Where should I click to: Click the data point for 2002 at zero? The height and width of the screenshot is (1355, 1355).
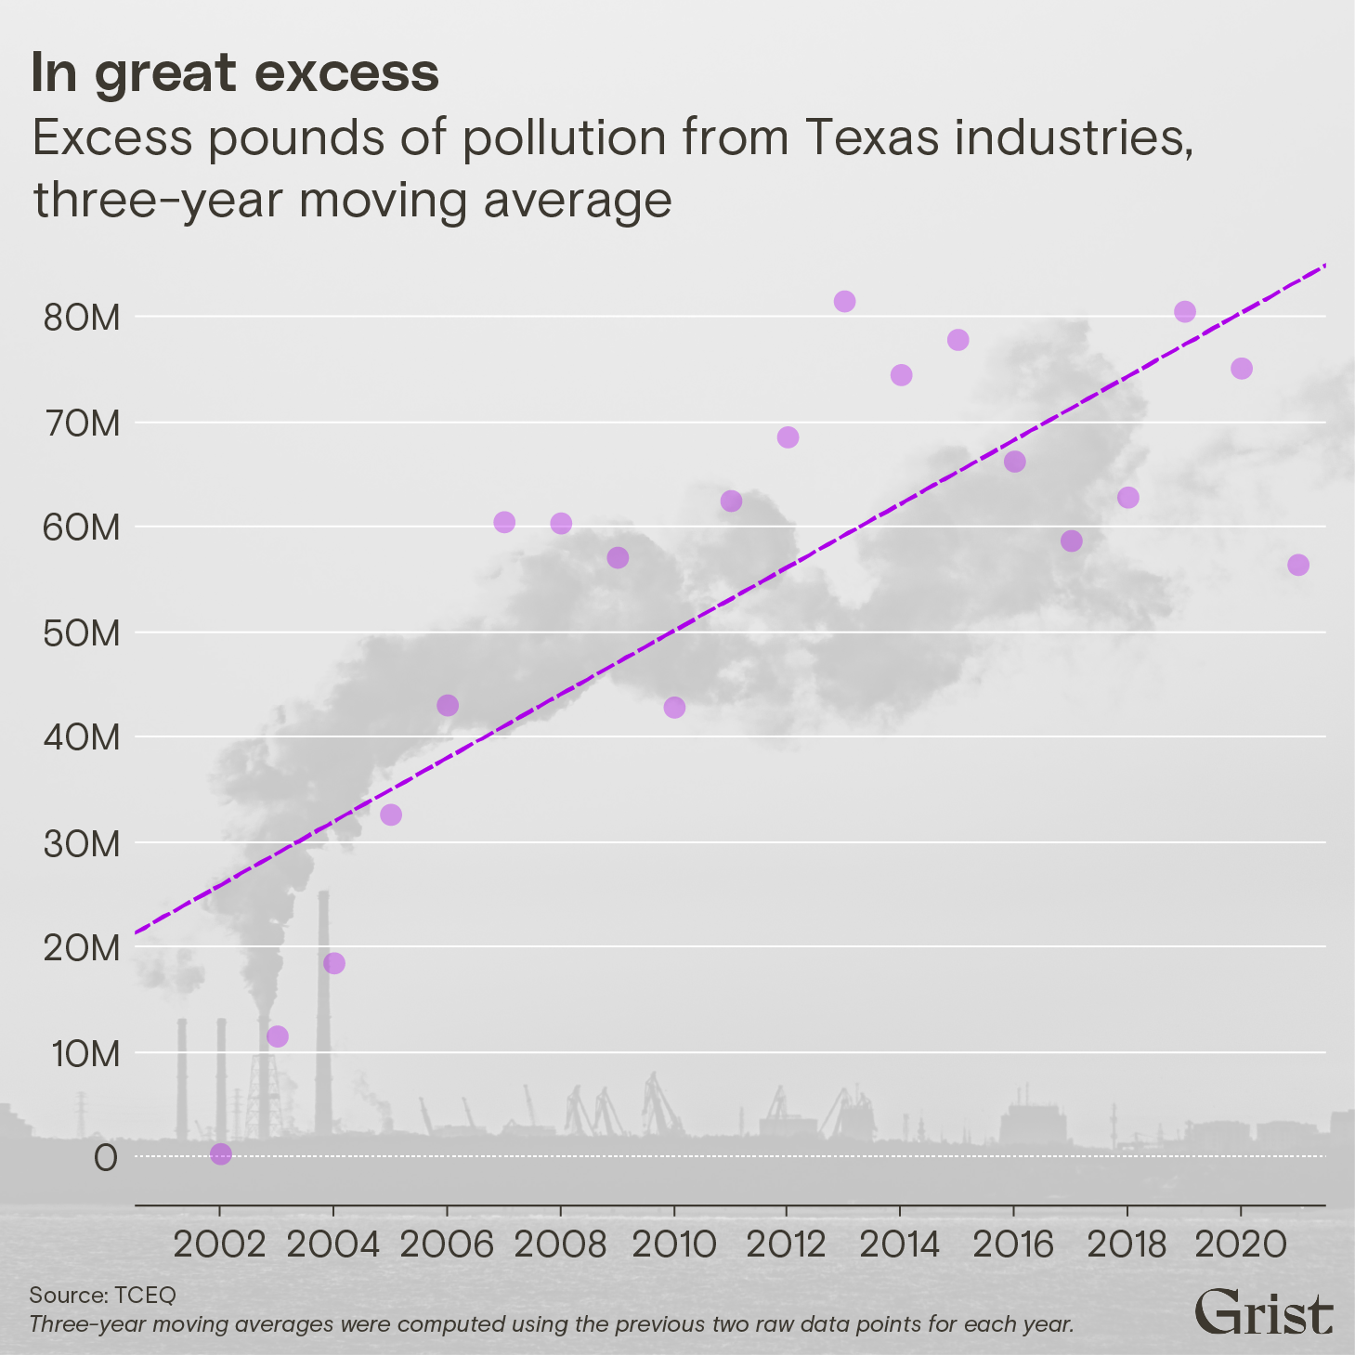coord(221,1153)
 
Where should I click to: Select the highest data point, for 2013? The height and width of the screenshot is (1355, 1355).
coord(844,301)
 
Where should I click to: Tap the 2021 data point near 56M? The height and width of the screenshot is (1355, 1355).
coord(1298,565)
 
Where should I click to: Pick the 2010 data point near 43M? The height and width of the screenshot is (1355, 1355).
coord(674,707)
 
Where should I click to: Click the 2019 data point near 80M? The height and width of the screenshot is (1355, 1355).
coord(1185,311)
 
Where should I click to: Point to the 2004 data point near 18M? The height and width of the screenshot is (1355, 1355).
coord(334,963)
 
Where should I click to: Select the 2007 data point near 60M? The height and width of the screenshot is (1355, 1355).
coord(504,522)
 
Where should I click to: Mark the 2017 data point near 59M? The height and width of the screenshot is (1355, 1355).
coord(1072,541)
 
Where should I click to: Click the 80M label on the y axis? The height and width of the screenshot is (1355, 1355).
coord(82,318)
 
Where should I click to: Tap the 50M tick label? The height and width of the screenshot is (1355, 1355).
coord(82,633)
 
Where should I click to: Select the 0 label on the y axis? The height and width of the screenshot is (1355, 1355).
coord(105,1158)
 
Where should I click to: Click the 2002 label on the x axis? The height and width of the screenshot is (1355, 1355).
coord(220,1244)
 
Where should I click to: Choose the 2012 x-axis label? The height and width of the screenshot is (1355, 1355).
coord(786,1244)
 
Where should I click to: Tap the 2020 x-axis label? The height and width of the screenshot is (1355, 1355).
coord(1240,1244)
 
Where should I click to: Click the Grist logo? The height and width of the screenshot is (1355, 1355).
coord(1263,1311)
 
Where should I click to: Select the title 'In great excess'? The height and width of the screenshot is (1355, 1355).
coord(235,72)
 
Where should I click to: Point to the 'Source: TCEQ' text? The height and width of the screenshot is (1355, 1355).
coord(102,1295)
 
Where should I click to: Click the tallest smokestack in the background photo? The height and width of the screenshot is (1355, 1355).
coord(323,1012)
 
